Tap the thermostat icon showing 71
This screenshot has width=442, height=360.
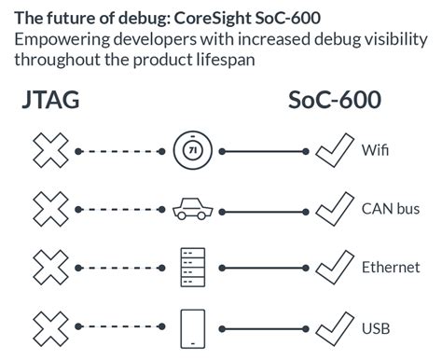(x=192, y=149)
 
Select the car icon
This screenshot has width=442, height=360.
(x=192, y=209)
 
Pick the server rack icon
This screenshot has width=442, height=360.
(x=192, y=268)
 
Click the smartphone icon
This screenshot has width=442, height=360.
(x=192, y=327)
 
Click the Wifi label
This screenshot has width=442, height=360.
(x=376, y=150)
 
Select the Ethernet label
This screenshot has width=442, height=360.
(x=391, y=269)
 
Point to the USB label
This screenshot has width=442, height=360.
(x=377, y=328)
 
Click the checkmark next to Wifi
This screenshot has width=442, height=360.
(x=334, y=148)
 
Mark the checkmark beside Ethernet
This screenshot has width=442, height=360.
(x=334, y=267)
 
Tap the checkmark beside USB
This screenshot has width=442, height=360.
(x=334, y=326)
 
